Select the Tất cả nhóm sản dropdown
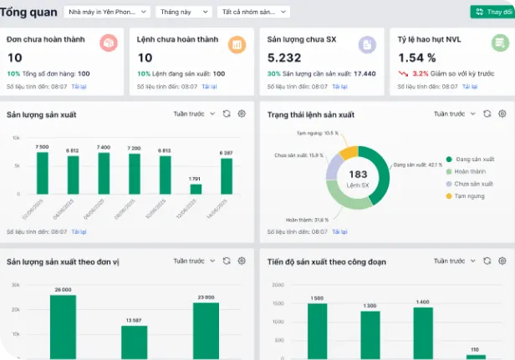pos(253,12)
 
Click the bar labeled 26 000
pos(63,326)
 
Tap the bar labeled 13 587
pos(134,341)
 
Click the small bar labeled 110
pos(475,356)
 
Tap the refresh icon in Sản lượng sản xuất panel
pos(227,114)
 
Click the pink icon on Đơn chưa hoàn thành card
pos(108,43)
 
